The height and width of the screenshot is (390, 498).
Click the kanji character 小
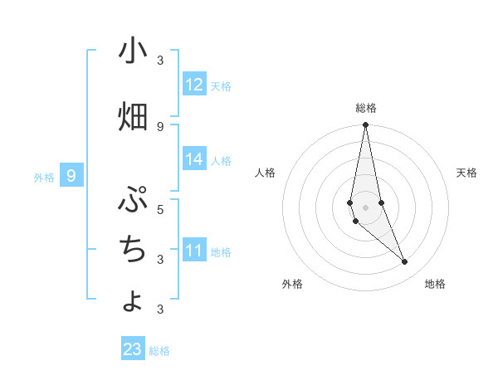click(133, 51)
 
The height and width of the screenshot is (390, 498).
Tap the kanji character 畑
click(133, 118)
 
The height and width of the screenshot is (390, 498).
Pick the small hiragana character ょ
click(133, 301)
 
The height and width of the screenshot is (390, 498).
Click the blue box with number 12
click(194, 85)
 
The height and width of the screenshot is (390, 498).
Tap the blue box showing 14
click(194, 159)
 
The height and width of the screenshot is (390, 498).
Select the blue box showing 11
click(194, 251)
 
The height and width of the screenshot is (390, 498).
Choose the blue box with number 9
click(71, 176)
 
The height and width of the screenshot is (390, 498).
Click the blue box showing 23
click(133, 349)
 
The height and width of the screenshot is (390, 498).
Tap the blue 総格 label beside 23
click(159, 351)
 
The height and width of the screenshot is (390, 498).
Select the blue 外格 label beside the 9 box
click(44, 177)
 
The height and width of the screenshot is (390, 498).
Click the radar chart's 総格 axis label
click(366, 108)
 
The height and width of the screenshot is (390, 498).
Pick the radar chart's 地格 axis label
click(435, 284)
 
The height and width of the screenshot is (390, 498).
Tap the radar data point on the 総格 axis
click(365, 125)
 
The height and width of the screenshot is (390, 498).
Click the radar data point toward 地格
click(405, 262)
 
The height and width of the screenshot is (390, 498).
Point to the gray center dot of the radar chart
click(365, 207)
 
